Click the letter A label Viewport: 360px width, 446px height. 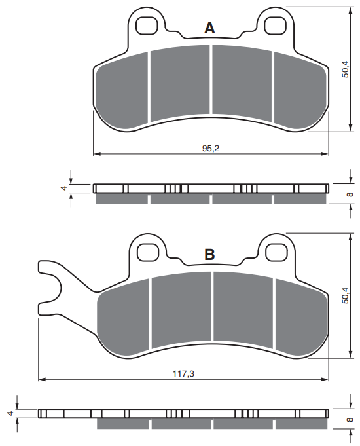point(209,28)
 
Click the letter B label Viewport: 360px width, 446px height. point(209,255)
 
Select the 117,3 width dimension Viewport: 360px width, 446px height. point(183,373)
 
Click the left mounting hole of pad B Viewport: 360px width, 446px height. point(148,251)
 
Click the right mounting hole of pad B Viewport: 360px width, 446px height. point(276,251)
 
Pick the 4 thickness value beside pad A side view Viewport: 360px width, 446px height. point(63,188)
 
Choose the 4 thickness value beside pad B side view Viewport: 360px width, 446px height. point(10,413)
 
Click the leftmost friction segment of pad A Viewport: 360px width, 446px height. point(123,92)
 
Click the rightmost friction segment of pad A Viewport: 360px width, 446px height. point(299,92)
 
